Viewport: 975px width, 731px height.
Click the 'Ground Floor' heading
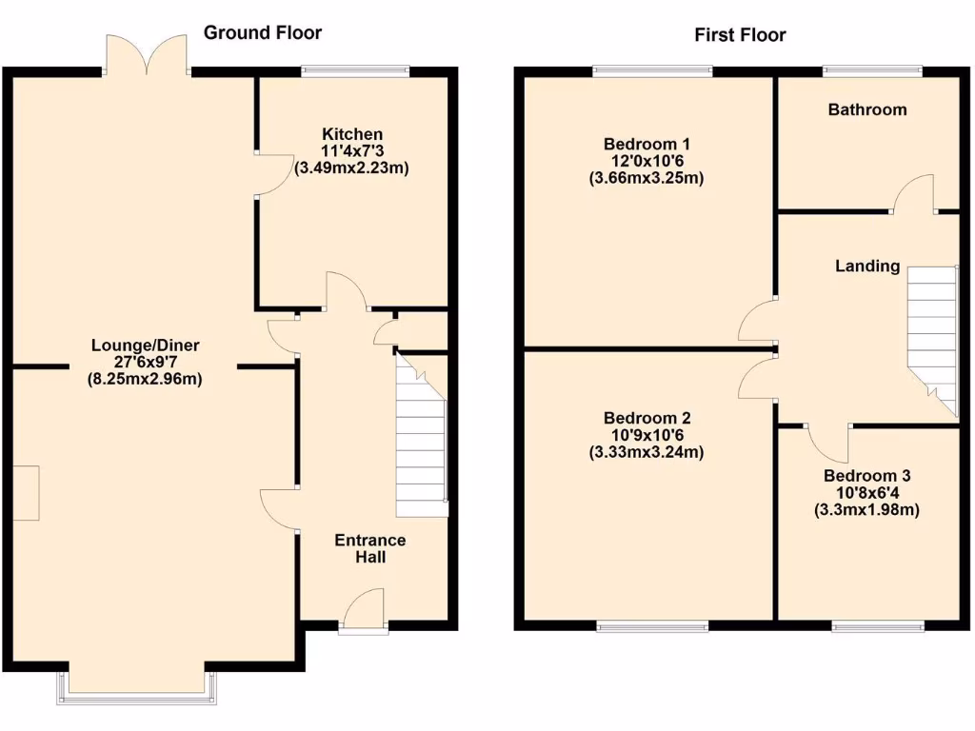click(263, 33)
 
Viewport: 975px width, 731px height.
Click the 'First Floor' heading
click(740, 35)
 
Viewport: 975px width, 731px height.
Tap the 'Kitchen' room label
click(352, 134)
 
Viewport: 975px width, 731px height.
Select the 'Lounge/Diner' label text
click(146, 345)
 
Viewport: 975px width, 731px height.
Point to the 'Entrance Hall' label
click(370, 548)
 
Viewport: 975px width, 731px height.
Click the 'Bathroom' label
click(867, 109)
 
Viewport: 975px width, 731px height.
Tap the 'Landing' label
click(867, 266)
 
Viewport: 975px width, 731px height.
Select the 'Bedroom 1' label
click(647, 144)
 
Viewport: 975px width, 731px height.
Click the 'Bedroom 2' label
click(647, 418)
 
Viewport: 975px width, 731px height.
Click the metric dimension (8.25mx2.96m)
click(146, 379)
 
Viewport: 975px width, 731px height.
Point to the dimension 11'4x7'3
click(352, 151)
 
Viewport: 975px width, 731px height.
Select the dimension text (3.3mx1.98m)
click(867, 510)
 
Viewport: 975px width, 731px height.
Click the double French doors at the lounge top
click(146, 55)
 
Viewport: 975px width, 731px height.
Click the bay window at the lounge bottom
click(137, 687)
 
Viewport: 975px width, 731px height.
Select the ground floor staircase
click(421, 438)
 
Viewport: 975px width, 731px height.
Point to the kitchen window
click(355, 69)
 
